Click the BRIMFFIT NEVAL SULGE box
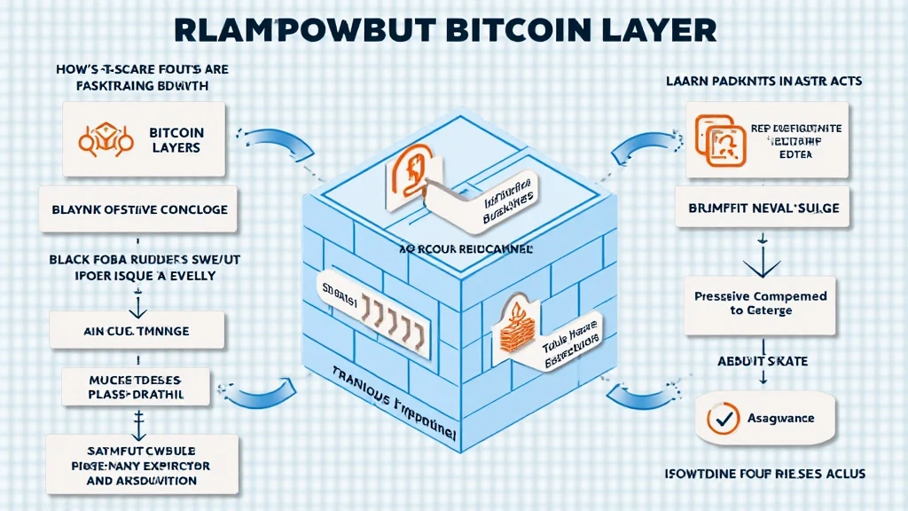[x=763, y=208]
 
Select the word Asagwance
[x=780, y=417]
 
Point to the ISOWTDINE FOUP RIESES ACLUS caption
[x=764, y=472]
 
